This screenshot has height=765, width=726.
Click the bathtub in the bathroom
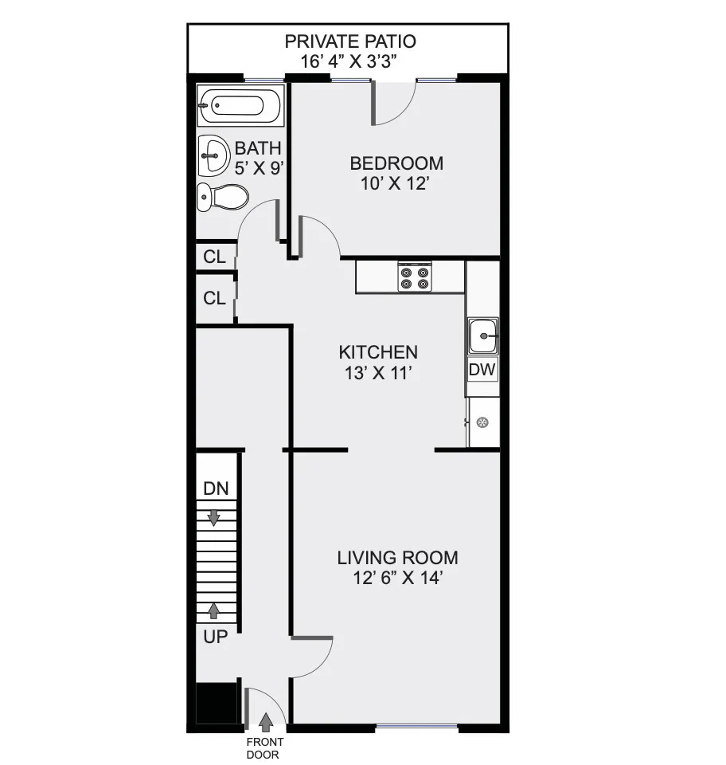(x=240, y=106)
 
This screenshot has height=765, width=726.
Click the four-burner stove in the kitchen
(x=415, y=277)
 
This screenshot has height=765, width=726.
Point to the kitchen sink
(x=482, y=335)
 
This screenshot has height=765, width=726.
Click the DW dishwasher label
(x=482, y=370)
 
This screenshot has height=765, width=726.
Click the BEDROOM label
(x=397, y=163)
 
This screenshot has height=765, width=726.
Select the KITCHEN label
(x=378, y=351)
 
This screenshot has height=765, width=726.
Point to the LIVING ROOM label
(x=397, y=558)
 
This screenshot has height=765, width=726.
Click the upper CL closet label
(x=215, y=257)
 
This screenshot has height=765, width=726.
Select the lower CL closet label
(x=215, y=299)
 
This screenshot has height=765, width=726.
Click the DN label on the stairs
(x=216, y=489)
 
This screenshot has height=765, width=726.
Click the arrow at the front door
(x=266, y=722)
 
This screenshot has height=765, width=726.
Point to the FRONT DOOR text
(x=263, y=749)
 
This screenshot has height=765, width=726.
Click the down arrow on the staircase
(x=214, y=517)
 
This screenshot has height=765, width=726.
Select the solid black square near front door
(x=217, y=703)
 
